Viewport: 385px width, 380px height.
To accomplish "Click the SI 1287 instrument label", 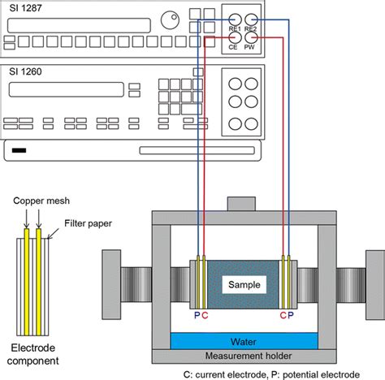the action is point(25,8).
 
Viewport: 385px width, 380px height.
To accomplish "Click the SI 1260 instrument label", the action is point(25,71).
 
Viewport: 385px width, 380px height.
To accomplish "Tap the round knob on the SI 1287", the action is point(170,19).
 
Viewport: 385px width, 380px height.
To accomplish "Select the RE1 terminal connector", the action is point(235,19).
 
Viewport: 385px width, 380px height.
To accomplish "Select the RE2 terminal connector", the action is point(251,19).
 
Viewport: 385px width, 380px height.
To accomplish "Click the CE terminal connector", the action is point(235,37).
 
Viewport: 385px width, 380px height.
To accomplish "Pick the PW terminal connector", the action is point(251,37).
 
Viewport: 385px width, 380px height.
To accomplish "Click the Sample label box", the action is point(244,284).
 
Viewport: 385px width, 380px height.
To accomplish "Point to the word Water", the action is point(244,342).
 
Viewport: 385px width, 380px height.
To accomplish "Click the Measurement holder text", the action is point(249,356).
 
